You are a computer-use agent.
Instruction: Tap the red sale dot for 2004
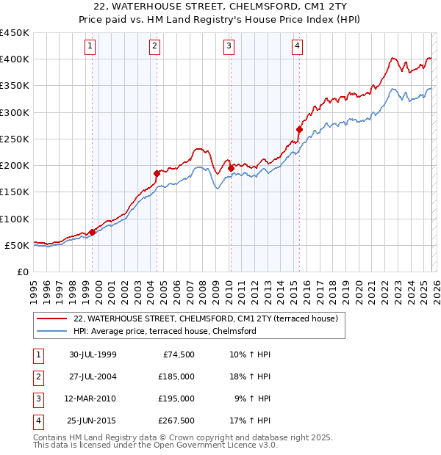point(157,173)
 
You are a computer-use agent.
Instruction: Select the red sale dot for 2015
point(299,130)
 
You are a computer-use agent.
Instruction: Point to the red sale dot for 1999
point(92,232)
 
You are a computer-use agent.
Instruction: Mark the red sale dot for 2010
point(230,168)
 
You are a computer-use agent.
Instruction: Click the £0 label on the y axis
point(23,272)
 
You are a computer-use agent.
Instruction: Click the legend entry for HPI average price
point(164,331)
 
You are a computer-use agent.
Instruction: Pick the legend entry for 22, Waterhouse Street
point(205,318)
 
